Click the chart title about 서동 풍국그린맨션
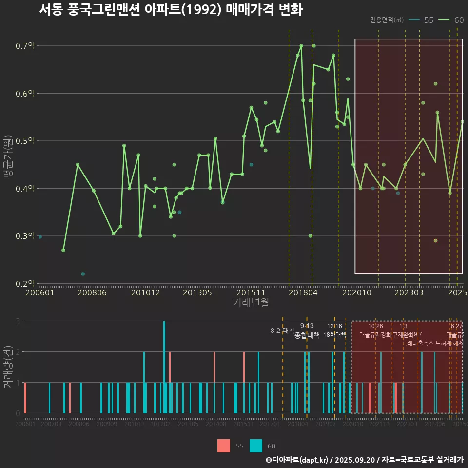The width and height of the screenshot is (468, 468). click(x=171, y=10)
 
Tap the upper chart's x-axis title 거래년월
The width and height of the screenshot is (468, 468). click(x=251, y=302)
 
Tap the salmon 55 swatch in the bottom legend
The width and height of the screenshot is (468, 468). click(x=223, y=446)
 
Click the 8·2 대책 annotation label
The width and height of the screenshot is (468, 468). click(x=283, y=331)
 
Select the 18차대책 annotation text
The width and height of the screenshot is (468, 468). click(x=334, y=335)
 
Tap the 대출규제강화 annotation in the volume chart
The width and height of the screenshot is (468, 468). click(x=375, y=335)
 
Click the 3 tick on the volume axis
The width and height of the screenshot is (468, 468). click(x=18, y=321)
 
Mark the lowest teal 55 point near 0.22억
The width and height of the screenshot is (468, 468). click(x=83, y=274)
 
